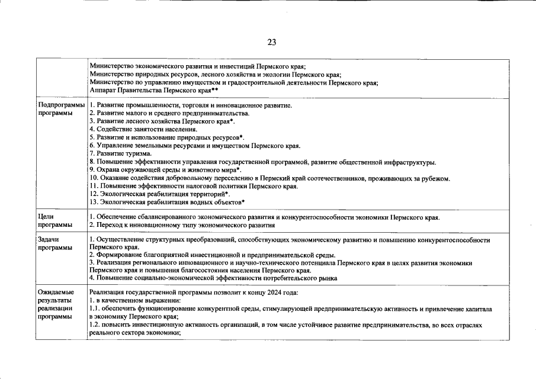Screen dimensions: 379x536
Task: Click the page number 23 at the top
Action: coord(272,42)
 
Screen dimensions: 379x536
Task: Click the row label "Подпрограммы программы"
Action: coord(57,109)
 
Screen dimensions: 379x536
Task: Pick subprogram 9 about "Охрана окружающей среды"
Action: coord(160,170)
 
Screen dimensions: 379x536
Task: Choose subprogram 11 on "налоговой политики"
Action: coord(193,186)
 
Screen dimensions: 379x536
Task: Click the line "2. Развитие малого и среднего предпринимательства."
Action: coord(169,113)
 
